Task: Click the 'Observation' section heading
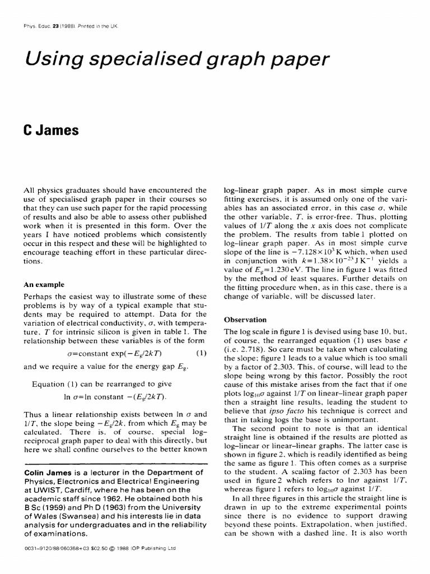(x=245, y=320)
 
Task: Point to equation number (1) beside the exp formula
(x=201, y=353)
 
